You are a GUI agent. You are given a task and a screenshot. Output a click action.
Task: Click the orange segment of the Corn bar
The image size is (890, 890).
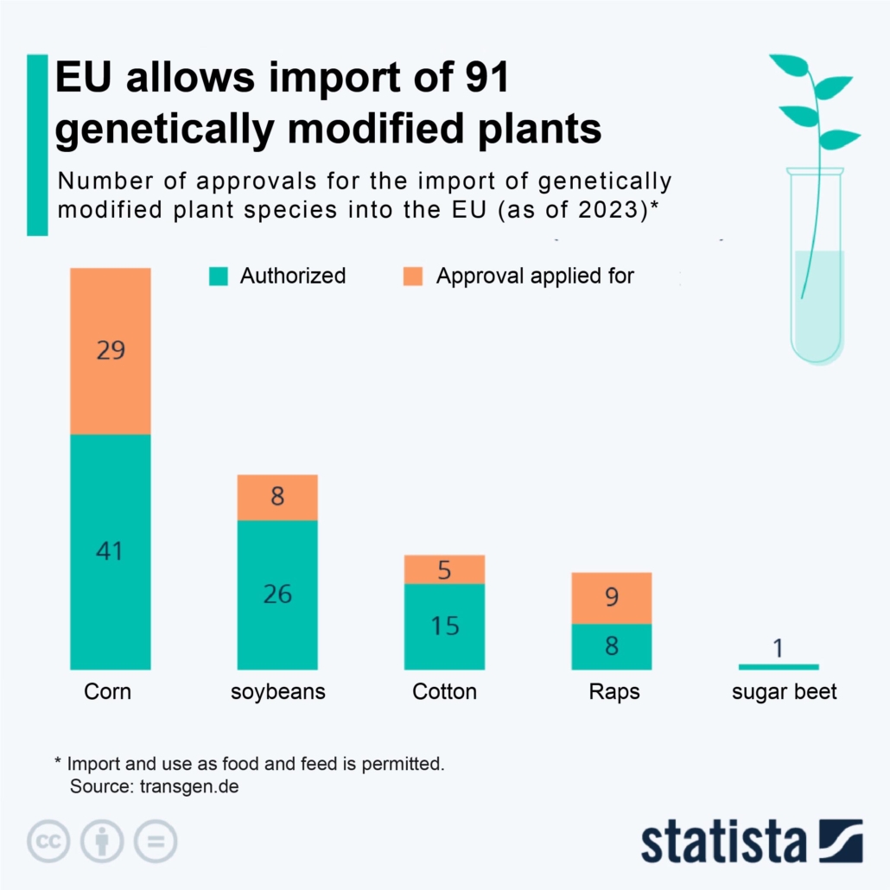click(x=111, y=351)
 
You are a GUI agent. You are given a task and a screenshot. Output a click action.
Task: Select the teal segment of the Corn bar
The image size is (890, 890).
click(x=111, y=550)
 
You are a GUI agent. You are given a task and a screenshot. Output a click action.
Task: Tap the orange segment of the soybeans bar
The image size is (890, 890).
click(x=277, y=497)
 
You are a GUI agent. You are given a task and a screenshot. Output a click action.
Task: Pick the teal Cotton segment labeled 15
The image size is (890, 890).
click(x=445, y=626)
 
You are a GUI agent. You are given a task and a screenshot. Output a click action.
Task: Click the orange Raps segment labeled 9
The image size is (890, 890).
click(x=612, y=597)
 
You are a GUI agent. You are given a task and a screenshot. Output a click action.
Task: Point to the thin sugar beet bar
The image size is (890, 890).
click(x=779, y=666)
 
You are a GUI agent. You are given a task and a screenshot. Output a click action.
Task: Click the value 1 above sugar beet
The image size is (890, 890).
click(x=779, y=647)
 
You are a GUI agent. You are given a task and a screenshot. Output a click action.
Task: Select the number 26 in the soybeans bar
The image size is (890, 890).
click(x=277, y=594)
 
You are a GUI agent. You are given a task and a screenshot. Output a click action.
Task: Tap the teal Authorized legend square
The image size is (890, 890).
click(x=219, y=277)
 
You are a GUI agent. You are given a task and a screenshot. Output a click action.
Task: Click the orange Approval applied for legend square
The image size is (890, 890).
click(x=413, y=277)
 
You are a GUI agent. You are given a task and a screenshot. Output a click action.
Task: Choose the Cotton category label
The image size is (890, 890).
click(x=445, y=692)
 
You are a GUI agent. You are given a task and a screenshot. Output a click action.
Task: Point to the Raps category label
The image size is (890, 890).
click(x=613, y=692)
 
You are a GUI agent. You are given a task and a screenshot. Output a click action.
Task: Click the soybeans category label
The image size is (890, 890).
click(x=277, y=692)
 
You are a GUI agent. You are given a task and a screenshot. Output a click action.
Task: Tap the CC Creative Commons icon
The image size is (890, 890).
click(x=48, y=840)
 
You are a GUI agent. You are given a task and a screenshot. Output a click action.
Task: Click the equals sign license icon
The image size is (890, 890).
click(x=156, y=840)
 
